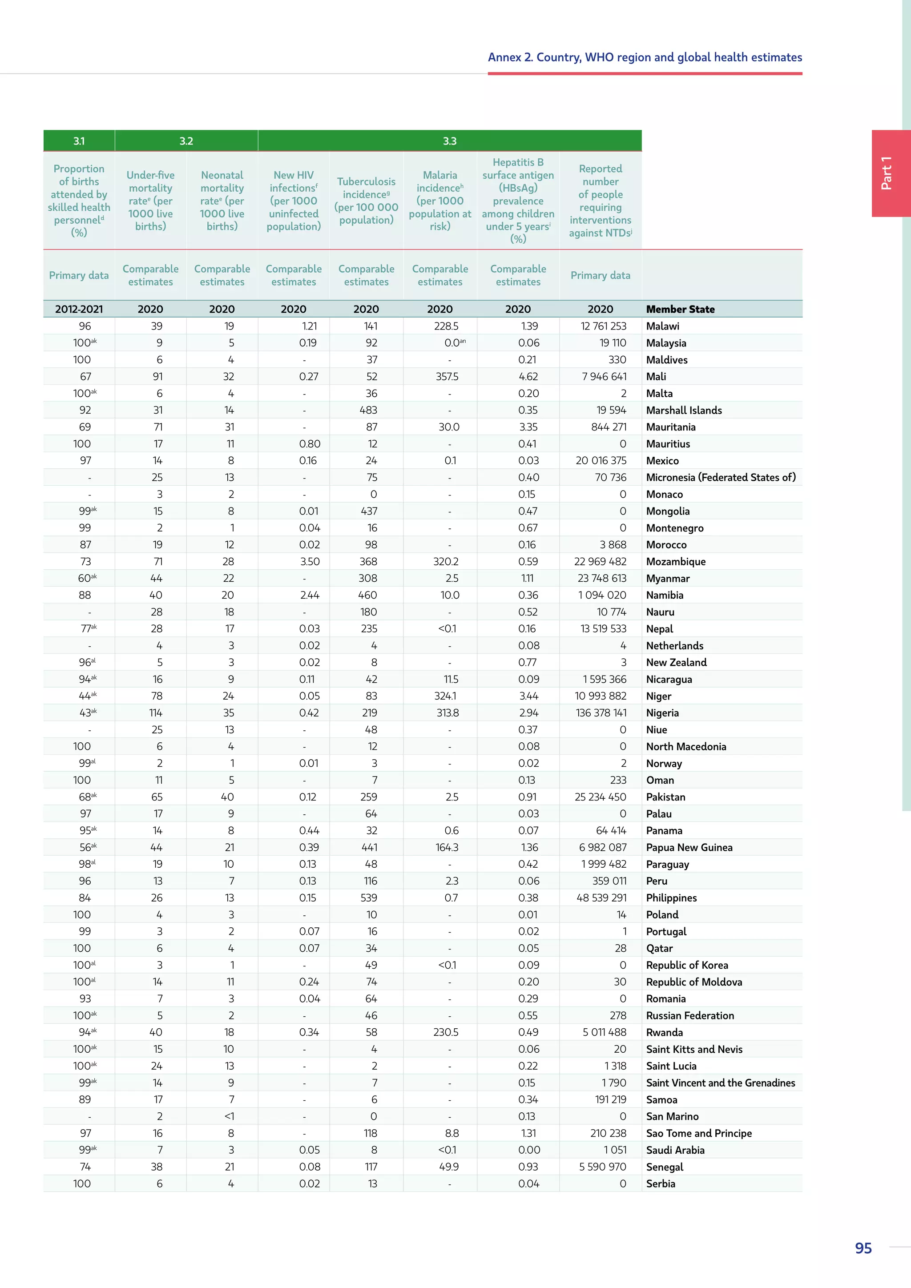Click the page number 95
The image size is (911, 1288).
[x=863, y=1248]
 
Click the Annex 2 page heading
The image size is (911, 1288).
[x=645, y=57]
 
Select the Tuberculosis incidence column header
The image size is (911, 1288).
[x=366, y=200]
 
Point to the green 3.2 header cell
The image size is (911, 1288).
[x=186, y=141]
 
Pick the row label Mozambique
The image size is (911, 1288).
[x=675, y=562]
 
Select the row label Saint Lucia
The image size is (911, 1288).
[x=671, y=1066]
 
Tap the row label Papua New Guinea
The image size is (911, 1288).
[x=689, y=847]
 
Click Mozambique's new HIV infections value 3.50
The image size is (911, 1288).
[x=310, y=562]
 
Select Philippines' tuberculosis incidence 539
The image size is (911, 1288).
[x=369, y=898]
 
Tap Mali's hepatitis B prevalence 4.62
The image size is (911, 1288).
[x=528, y=376]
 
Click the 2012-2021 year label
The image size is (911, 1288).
[x=79, y=309]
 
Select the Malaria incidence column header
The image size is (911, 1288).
[x=440, y=200]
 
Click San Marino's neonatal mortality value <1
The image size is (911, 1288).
[x=229, y=1116]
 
